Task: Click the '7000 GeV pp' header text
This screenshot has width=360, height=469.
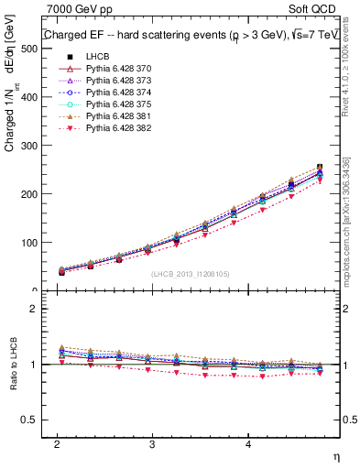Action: (73, 9)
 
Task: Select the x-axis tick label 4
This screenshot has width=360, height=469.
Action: (248, 444)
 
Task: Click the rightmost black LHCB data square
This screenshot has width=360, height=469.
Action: (319, 168)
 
